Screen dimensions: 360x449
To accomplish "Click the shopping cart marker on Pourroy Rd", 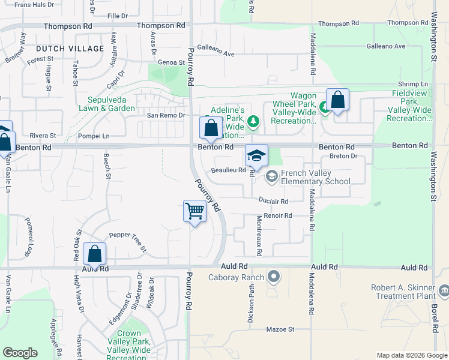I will [195, 212].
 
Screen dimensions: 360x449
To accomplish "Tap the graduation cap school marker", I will [256, 156].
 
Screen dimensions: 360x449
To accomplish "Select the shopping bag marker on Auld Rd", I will [95, 254].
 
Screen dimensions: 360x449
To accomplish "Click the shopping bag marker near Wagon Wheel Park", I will [337, 100].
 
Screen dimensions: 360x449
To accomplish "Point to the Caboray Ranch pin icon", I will [274, 277].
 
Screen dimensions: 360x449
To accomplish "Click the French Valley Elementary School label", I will [315, 177].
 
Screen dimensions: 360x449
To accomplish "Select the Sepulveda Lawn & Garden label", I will [111, 104].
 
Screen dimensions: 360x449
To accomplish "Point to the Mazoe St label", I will [281, 329].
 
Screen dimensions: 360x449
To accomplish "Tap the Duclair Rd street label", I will [274, 201].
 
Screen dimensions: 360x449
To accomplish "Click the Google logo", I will [20, 353].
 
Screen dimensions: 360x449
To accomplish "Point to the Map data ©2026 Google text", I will [411, 355].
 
